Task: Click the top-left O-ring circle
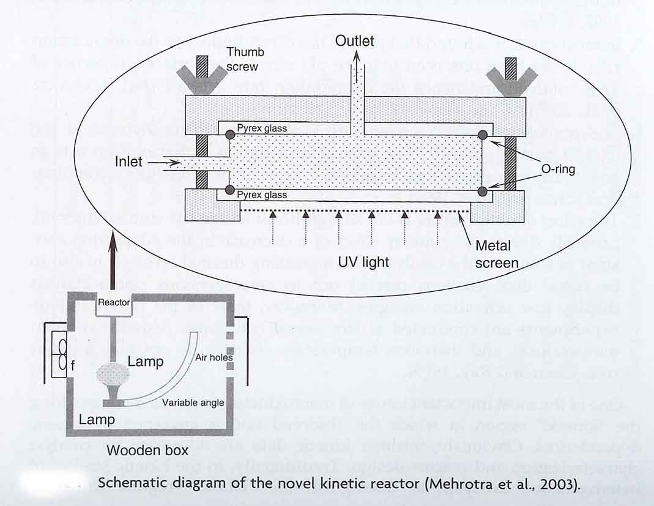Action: click(229, 135)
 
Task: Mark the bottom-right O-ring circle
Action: click(483, 192)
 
